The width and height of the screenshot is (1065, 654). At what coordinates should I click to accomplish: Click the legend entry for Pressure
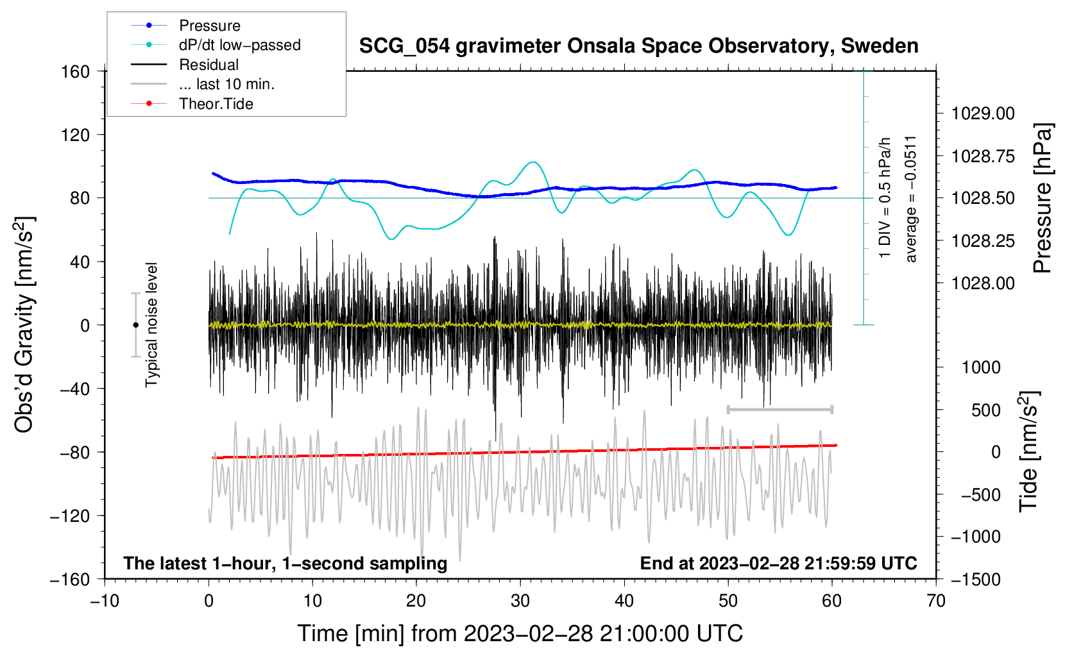(186, 25)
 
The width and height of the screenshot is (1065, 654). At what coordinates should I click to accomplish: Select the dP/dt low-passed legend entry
(216, 45)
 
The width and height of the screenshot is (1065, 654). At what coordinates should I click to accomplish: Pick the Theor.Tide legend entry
(192, 104)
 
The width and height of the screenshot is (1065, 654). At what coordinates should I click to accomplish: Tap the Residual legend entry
(185, 65)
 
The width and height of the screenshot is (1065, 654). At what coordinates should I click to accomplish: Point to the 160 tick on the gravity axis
(76, 72)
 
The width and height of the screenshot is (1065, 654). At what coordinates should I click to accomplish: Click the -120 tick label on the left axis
(70, 516)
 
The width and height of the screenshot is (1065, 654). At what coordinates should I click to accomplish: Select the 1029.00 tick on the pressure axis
(983, 113)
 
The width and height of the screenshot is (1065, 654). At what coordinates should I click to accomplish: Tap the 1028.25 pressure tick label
(983, 241)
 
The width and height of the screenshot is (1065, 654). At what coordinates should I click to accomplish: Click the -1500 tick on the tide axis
(976, 580)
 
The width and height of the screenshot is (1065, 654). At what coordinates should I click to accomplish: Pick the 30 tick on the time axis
(520, 601)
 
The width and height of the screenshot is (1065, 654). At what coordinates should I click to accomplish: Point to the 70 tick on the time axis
(935, 601)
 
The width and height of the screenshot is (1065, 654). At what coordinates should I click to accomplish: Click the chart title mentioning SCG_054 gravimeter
(638, 46)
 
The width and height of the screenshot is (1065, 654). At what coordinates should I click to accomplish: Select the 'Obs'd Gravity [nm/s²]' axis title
(24, 324)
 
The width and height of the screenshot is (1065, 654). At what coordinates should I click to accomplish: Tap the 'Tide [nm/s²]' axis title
(1029, 451)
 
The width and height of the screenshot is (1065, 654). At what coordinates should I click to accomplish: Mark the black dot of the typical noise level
(135, 325)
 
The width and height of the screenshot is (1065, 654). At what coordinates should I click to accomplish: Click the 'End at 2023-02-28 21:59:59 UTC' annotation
(778, 563)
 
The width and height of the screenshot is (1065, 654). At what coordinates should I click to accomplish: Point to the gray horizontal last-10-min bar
(780, 409)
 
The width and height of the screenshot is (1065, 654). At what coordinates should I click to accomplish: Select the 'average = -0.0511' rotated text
(910, 199)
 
